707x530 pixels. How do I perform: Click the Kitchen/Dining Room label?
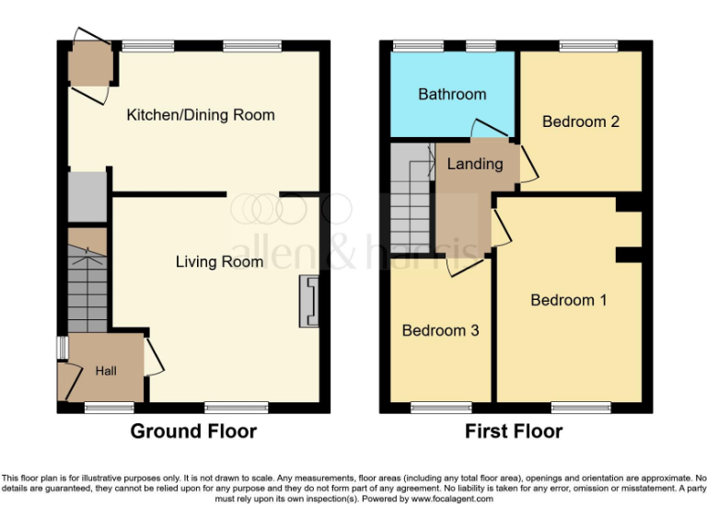tap(201, 115)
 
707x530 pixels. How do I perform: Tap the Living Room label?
tap(219, 262)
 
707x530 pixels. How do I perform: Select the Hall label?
tap(106, 371)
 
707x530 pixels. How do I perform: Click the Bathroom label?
tap(452, 94)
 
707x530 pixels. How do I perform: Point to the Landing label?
tap(475, 164)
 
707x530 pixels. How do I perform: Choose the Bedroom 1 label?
tap(568, 300)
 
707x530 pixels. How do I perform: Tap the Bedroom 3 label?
tap(440, 330)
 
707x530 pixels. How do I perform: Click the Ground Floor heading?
tap(193, 432)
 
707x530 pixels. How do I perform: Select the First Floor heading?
tap(514, 432)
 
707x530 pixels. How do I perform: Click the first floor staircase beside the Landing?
tap(411, 198)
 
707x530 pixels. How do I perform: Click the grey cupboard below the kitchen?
tap(87, 196)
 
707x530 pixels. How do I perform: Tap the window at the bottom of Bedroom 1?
tap(581, 407)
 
